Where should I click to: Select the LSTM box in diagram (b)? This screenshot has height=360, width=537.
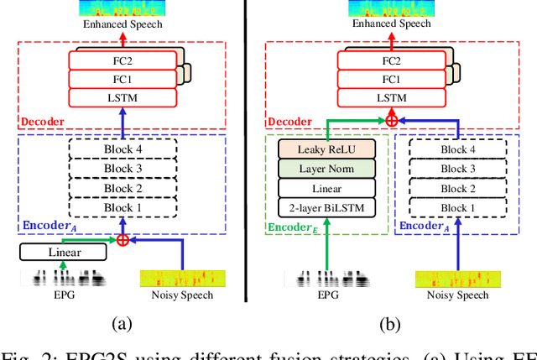[x=392, y=97]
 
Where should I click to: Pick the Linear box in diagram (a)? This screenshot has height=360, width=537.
[x=57, y=252]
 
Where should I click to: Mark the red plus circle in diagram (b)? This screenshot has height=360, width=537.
[x=392, y=121]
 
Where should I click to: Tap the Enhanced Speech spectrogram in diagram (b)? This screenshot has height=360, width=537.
[x=392, y=8]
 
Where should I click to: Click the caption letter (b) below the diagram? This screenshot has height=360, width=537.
[x=392, y=322]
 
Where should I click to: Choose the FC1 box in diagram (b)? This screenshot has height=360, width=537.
[x=392, y=78]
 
